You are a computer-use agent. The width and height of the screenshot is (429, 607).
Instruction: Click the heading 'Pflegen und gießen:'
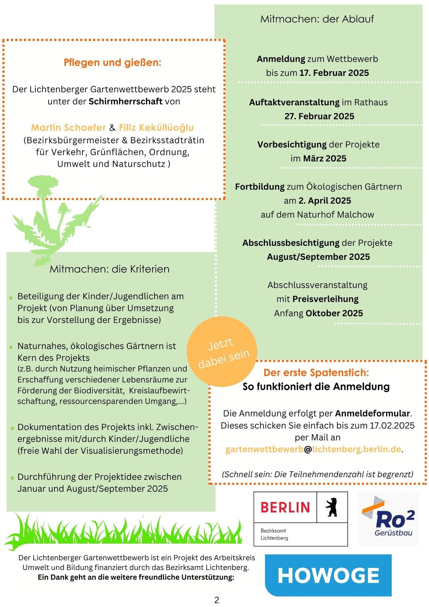click(113, 62)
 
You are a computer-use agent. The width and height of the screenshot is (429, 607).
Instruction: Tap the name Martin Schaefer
click(68, 127)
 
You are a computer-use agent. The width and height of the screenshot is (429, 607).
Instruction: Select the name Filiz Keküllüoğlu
click(156, 127)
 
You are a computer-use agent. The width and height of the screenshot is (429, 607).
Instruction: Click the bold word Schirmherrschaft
click(125, 101)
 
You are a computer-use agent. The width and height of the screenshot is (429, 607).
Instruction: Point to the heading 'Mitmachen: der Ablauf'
click(317, 19)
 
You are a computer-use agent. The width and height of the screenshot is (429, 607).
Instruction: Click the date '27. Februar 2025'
click(319, 116)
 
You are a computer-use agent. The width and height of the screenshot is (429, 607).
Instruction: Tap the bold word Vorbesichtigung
click(292, 145)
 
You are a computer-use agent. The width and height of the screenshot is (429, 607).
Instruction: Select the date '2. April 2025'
click(325, 201)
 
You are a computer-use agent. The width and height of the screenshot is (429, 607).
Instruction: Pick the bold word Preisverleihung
click(325, 299)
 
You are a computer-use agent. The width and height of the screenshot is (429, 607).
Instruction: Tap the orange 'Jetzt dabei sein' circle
click(222, 352)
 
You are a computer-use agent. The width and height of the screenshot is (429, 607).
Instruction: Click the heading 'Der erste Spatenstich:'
click(316, 373)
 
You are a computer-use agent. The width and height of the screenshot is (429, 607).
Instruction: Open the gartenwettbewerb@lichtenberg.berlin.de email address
click(313, 449)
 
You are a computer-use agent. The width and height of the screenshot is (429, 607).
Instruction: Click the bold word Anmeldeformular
click(373, 413)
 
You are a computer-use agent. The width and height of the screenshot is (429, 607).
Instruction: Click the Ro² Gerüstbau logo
click(388, 518)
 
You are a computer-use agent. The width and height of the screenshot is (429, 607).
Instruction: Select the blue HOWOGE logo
click(328, 575)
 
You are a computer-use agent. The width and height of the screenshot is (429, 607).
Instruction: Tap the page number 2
click(217, 600)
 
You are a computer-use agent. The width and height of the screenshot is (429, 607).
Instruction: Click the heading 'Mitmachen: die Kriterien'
click(109, 269)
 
